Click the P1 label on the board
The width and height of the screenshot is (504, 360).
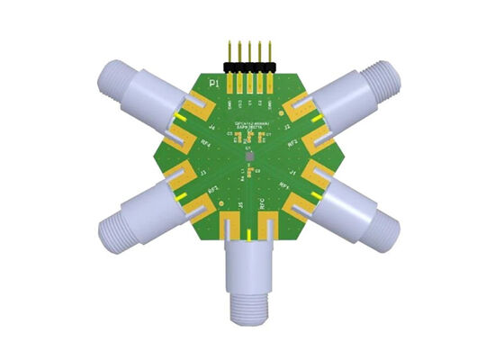(213, 84)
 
